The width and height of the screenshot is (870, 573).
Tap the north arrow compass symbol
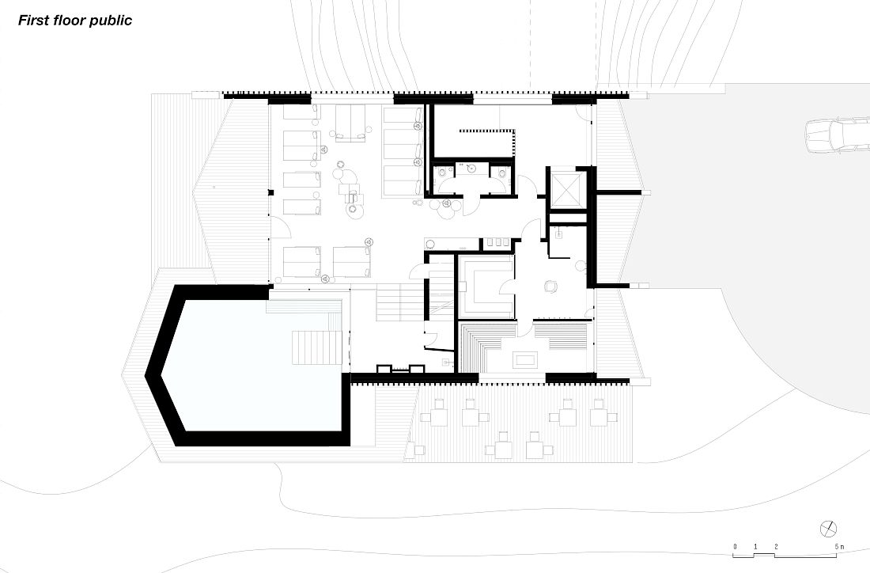tap(828, 528)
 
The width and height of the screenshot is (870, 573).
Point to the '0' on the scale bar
tap(735, 546)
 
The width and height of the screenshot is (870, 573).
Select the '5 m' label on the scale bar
tap(839, 546)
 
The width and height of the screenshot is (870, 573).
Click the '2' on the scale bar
tap(776, 546)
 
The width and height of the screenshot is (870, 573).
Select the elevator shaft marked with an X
tap(566, 188)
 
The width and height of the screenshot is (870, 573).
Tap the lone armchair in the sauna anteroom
tap(551, 285)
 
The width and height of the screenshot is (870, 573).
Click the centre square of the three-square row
tap(498, 242)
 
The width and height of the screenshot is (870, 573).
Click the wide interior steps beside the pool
tap(400, 302)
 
